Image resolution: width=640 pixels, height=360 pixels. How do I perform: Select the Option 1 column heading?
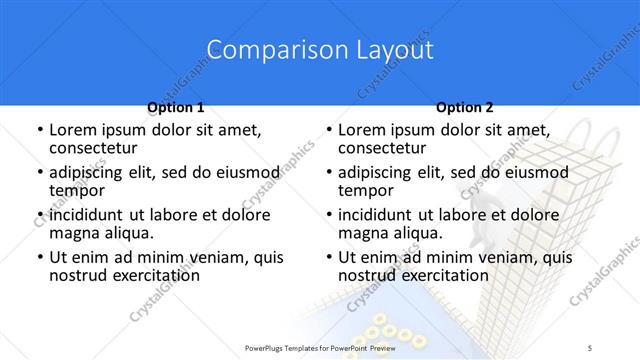175,107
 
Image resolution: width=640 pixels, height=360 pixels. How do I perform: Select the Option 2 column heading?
464,107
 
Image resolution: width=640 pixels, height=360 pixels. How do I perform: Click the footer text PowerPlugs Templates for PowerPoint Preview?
319,347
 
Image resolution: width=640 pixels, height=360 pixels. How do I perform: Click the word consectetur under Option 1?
93,148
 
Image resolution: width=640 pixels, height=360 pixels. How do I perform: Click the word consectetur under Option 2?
382,148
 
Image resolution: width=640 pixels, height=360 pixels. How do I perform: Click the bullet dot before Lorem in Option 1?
39,131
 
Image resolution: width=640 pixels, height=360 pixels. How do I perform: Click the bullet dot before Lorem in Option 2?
328,131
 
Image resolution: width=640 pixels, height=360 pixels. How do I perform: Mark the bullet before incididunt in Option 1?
39,215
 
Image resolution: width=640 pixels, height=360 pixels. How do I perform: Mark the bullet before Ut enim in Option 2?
328,258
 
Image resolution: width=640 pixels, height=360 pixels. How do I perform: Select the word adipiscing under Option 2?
376,173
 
